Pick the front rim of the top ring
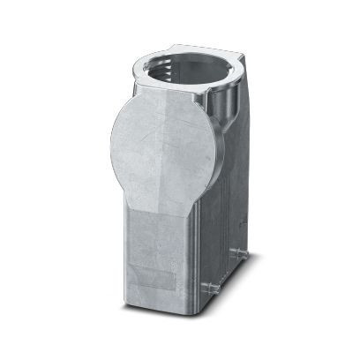tap(176, 93)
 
